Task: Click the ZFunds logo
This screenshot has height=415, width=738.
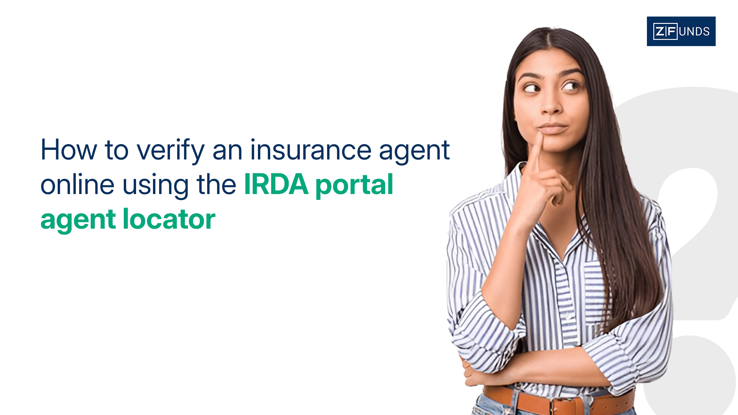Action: [x=681, y=31]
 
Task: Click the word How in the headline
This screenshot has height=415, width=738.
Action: [x=69, y=149]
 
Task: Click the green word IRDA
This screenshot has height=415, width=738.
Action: [x=276, y=184]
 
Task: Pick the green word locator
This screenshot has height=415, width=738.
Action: [x=169, y=219]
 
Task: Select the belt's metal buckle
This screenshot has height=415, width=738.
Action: [x=565, y=406]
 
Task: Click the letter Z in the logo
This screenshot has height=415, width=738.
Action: [x=660, y=31]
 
